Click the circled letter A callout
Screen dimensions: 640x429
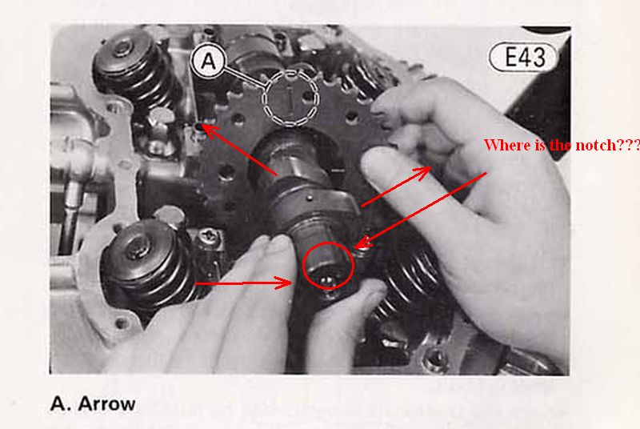(208, 61)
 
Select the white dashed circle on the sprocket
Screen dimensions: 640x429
(290, 98)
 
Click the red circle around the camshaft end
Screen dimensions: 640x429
(329, 265)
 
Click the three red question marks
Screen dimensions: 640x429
(626, 145)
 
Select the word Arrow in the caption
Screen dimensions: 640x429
(106, 404)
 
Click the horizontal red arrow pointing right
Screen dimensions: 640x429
(244, 283)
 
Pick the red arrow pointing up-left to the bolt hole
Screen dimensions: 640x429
(239, 150)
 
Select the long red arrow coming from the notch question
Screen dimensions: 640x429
(421, 210)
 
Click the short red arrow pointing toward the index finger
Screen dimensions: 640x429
(396, 186)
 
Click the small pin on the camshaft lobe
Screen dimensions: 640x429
(310, 198)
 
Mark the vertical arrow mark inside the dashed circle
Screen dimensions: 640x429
(290, 98)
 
